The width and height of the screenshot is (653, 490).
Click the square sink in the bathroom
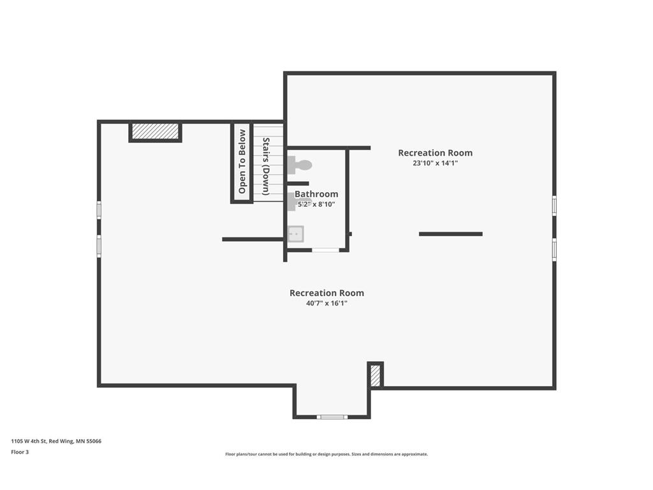pos(296,234)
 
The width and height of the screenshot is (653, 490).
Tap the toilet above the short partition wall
pos(300,165)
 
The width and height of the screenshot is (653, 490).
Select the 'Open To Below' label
pos(242,161)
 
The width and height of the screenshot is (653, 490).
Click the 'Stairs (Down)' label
pos(266,167)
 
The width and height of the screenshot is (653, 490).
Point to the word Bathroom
pos(316,194)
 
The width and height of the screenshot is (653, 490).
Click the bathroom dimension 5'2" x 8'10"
pos(316,204)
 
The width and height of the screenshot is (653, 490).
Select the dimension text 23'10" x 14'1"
pos(435,163)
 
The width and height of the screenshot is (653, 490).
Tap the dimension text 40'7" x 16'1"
pos(326,303)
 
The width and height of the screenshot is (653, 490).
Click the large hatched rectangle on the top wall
pos(156,131)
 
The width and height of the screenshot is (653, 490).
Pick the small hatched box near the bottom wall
pos(375,375)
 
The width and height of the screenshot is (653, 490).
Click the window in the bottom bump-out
pos(332,417)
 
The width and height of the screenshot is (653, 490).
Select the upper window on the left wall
pos(99,209)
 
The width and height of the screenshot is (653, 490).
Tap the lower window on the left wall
pos(99,246)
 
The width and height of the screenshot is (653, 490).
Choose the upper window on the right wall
pos(554,206)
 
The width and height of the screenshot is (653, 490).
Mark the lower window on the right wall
pos(554,249)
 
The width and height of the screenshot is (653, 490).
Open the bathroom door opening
pos(326,250)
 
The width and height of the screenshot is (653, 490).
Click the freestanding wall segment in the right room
pos(451,234)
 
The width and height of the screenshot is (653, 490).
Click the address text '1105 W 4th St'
pos(29,442)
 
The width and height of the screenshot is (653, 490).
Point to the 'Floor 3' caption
pos(20,452)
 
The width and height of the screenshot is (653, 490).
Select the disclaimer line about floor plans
pos(326,454)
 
